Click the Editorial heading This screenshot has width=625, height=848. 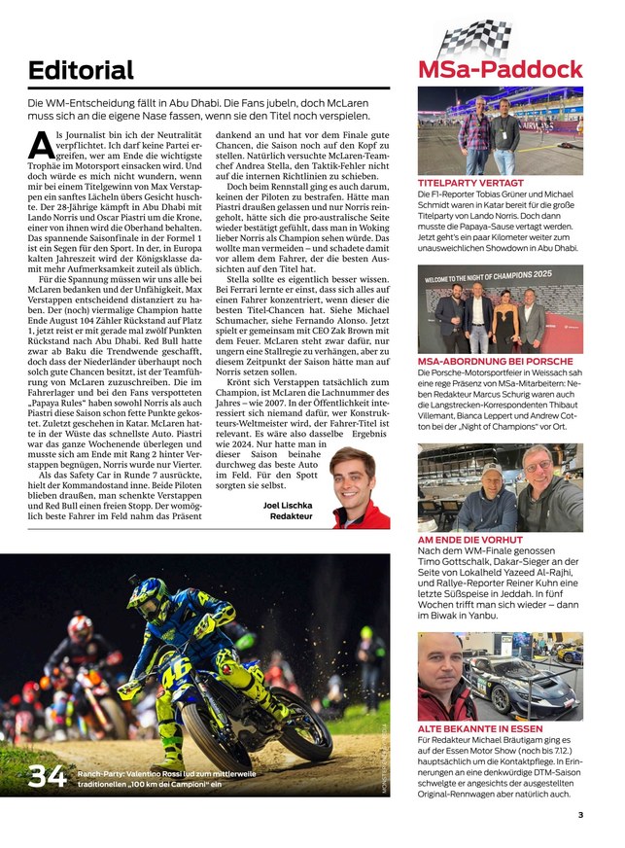[x=81, y=70]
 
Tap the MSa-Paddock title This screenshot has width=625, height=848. [x=500, y=69]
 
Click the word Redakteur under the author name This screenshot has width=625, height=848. [x=292, y=517]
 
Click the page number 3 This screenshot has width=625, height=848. [x=579, y=815]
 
